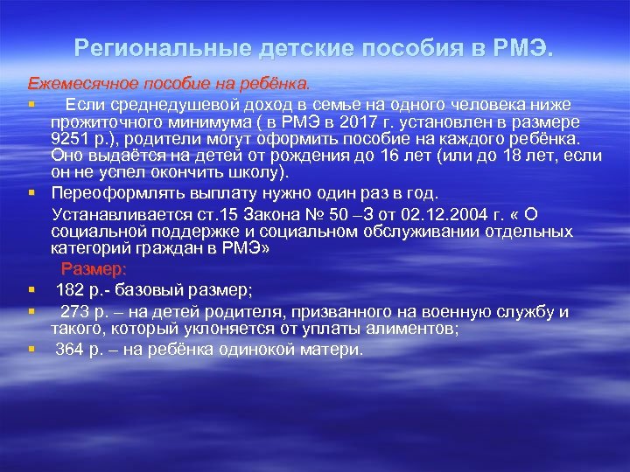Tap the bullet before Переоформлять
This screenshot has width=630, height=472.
tap(31, 193)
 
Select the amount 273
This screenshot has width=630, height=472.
tap(75, 311)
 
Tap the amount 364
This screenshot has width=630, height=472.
tap(71, 350)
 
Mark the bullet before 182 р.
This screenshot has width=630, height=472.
tap(31, 288)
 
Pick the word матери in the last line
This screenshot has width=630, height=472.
tap(331, 350)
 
